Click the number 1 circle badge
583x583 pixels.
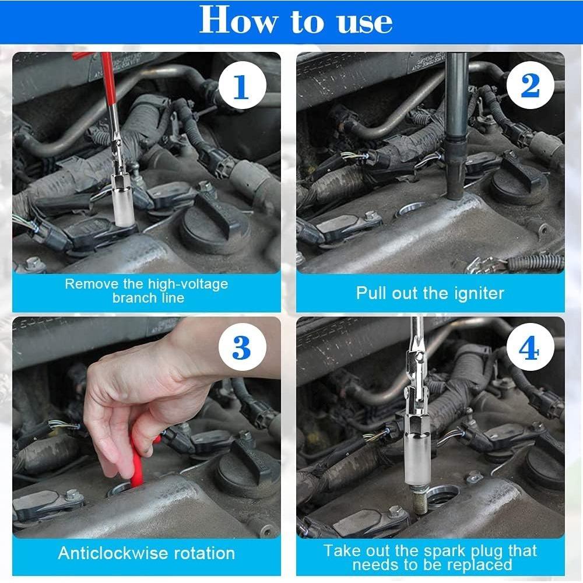tap(241, 87)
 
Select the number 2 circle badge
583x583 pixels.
tap(529, 86)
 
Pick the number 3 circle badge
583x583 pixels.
tap(241, 348)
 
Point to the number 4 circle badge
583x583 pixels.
tap(529, 348)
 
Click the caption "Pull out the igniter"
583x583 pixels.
tap(430, 293)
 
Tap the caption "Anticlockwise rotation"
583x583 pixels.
tap(146, 553)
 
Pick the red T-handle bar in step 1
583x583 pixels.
tap(111, 87)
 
